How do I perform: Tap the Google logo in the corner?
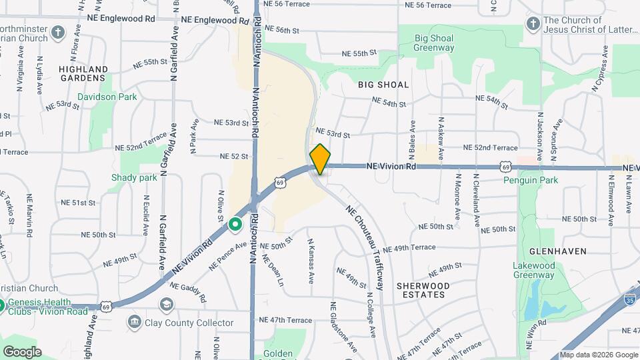[22, 351]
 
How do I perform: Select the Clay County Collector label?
[189, 323]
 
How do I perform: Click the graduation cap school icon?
[165, 305]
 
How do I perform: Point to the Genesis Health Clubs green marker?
[2, 305]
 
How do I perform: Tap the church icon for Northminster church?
[59, 32]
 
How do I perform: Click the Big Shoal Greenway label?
[434, 43]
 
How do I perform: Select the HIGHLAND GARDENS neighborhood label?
[83, 73]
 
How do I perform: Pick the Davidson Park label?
[107, 97]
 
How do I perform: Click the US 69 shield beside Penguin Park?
[507, 167]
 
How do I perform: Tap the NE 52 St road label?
[234, 156]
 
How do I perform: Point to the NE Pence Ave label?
[228, 256]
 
